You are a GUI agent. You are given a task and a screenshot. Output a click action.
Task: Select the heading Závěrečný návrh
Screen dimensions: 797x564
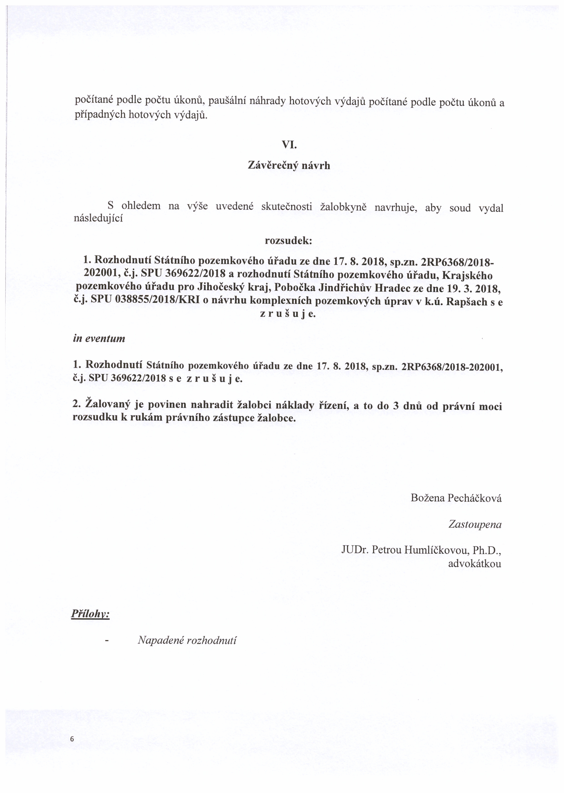289,166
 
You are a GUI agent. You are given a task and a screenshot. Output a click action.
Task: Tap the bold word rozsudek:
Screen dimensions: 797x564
288,241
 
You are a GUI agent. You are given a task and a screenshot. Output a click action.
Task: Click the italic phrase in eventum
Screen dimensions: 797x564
99,338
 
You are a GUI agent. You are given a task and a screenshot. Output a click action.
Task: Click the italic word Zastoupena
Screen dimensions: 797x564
475,524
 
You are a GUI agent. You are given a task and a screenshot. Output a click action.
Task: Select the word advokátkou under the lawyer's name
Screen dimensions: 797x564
474,563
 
